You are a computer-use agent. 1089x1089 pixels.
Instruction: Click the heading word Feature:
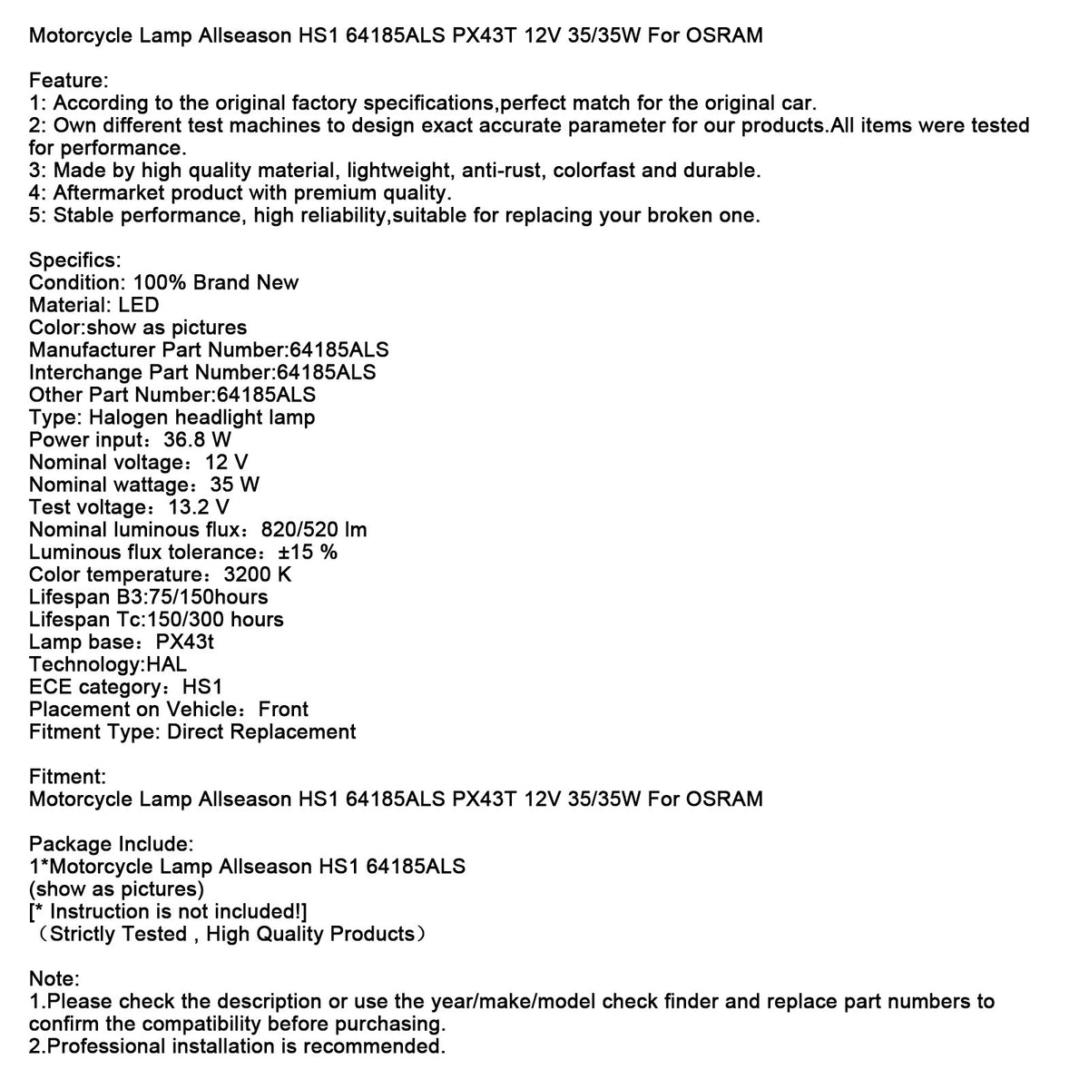click(68, 81)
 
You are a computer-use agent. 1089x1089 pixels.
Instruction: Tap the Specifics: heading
click(74, 260)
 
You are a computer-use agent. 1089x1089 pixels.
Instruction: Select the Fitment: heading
click(67, 777)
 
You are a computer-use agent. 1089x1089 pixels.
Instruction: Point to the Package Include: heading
click(111, 844)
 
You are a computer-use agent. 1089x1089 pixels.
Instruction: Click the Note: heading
click(54, 979)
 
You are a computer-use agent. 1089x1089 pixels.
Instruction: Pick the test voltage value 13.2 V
click(199, 507)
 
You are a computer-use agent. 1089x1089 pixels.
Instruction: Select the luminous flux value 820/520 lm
click(314, 530)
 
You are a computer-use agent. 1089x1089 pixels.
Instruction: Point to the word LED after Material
click(138, 305)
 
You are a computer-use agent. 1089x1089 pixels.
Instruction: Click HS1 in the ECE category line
click(202, 687)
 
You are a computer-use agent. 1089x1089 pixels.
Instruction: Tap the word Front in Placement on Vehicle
click(283, 710)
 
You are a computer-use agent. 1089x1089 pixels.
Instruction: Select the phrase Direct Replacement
click(261, 731)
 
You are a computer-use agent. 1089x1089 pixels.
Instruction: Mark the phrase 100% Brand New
click(216, 283)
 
